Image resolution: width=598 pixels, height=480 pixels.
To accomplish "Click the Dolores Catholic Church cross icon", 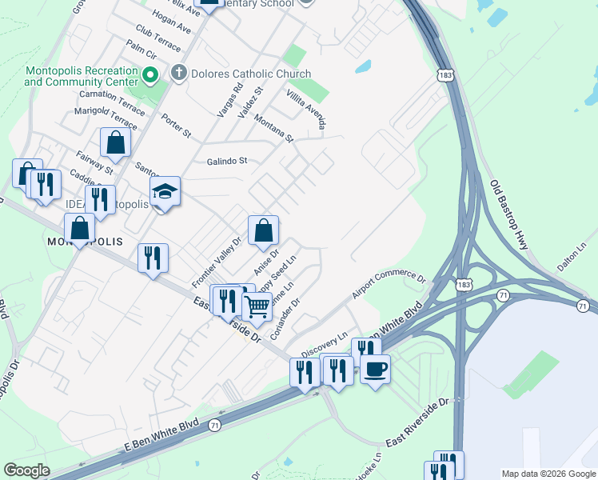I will [x=177, y=74].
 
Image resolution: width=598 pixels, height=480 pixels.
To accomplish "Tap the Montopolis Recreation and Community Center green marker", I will [x=149, y=77].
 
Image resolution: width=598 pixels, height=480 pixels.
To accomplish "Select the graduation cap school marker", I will [x=165, y=192].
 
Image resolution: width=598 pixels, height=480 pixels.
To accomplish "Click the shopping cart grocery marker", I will [x=257, y=306].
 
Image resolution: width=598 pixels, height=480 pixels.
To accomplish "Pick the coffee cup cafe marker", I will [x=375, y=369].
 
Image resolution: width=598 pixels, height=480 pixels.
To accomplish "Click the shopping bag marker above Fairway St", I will [x=115, y=144].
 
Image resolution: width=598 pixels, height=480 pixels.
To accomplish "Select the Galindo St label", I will [x=227, y=160].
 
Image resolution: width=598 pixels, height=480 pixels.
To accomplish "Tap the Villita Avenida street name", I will [x=309, y=109].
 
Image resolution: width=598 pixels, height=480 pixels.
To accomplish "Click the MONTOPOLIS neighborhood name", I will [x=84, y=242].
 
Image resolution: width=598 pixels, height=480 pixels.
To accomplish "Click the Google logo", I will [x=27, y=470].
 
